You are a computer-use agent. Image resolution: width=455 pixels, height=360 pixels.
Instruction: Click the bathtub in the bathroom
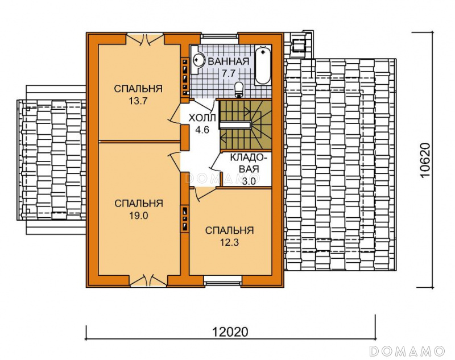point(263,65)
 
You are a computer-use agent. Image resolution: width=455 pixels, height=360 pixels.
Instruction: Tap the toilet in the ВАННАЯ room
point(239,89)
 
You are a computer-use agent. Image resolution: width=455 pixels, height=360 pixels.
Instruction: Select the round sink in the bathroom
point(197,60)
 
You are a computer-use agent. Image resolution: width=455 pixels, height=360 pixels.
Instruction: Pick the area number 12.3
point(229,242)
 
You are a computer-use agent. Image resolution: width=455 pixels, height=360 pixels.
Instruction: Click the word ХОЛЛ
point(202,118)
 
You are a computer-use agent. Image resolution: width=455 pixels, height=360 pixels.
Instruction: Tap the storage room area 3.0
point(249,181)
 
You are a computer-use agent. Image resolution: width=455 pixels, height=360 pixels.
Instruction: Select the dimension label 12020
point(230,332)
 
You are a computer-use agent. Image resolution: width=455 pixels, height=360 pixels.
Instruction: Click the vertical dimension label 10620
point(424,160)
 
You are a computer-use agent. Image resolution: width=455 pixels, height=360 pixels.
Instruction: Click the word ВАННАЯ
point(229,61)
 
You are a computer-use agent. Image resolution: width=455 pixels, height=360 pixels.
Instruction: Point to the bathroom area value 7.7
point(229,73)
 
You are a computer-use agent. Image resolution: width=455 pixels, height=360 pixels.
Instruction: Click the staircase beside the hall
point(245,125)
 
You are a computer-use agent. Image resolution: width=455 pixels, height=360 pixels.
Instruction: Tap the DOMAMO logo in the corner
point(407,351)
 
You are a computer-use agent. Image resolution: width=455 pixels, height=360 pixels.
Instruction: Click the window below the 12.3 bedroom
point(222,280)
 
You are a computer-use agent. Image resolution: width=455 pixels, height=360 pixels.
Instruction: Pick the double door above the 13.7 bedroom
point(145,39)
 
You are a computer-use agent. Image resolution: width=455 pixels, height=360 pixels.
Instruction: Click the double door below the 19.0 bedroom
point(148,280)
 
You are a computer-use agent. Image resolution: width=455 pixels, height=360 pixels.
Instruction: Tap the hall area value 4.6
point(202,130)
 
